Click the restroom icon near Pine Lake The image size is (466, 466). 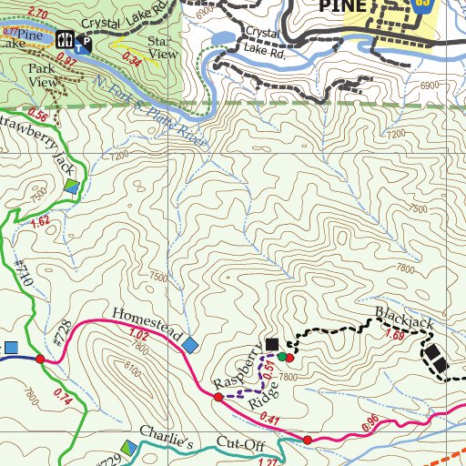tap(64, 39)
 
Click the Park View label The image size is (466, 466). tap(41, 75)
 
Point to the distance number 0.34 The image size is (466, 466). tap(131, 61)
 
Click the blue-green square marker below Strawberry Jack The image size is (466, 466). tap(72, 187)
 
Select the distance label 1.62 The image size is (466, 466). tap(39, 221)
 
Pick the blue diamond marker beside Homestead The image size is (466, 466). tap(190, 345)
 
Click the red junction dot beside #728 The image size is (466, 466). tap(40, 360)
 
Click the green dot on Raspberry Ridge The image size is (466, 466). tap(282, 355)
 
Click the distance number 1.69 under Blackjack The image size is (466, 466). tap(395, 336)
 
